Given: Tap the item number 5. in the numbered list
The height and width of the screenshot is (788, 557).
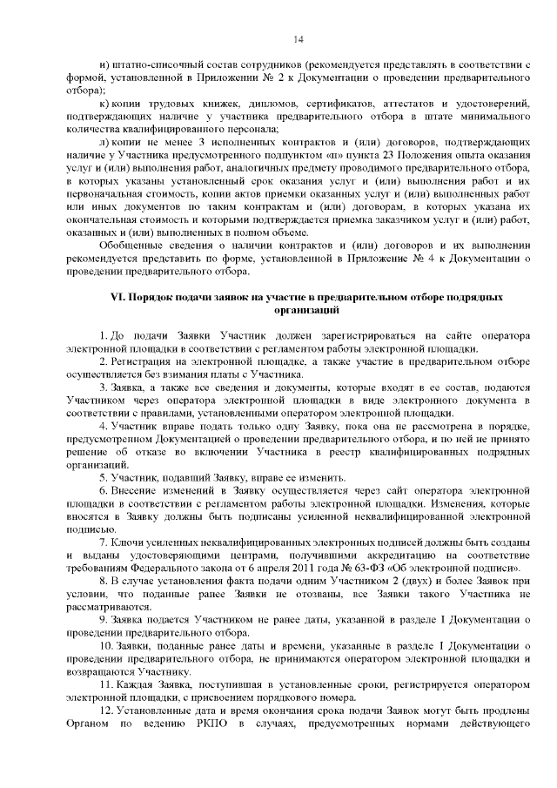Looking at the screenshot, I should pos(102,476).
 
